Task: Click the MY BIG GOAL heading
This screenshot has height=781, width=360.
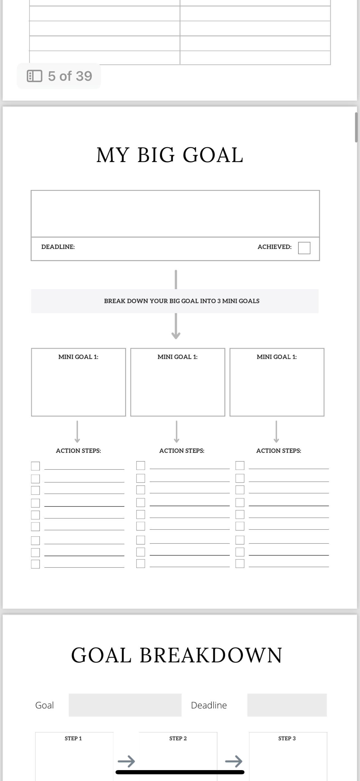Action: [170, 155]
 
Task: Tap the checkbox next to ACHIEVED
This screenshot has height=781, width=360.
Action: [304, 248]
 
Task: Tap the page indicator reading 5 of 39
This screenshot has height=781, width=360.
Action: [70, 76]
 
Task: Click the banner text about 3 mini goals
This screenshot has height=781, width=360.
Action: [181, 301]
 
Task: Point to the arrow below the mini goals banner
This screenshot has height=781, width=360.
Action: [176, 326]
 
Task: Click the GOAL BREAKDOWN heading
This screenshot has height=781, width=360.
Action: [177, 655]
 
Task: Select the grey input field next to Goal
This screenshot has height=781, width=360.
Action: [125, 705]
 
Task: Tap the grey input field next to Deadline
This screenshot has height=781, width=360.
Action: [287, 705]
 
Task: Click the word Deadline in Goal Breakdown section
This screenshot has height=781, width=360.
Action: [209, 705]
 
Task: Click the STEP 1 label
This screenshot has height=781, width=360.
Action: [73, 738]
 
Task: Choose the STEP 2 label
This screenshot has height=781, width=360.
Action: [178, 738]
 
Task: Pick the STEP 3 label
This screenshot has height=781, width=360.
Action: [287, 738]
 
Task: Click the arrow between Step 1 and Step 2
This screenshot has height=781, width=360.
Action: [126, 761]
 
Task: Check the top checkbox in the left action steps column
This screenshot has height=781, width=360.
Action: [35, 466]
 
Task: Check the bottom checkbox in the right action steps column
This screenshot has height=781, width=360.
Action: [240, 563]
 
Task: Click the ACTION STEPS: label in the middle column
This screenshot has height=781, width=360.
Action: [181, 451]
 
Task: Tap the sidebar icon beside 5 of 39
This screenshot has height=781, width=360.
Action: [34, 76]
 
